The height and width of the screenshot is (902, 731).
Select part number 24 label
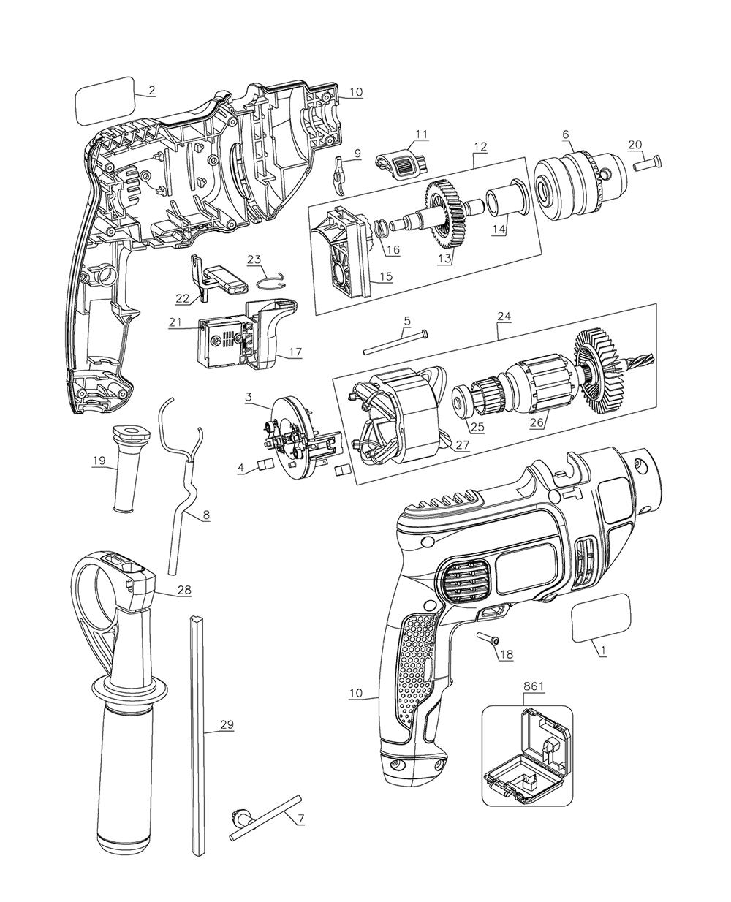tap(504, 317)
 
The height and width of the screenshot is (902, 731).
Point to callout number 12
tap(480, 146)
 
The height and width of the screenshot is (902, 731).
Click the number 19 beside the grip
tap(99, 461)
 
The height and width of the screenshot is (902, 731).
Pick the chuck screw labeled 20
tap(648, 162)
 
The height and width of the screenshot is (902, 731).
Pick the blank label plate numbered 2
tap(105, 100)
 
